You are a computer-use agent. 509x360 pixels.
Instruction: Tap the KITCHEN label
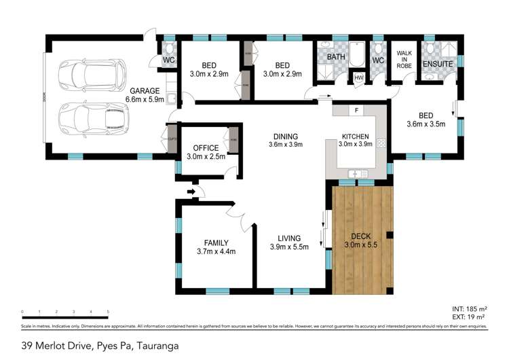(x=356, y=136)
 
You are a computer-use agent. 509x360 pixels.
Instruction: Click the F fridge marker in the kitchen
(x=355, y=110)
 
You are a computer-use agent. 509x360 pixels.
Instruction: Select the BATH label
(x=336, y=58)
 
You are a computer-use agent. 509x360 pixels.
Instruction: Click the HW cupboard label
(x=358, y=77)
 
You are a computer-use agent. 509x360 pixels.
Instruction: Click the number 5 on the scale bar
(x=108, y=312)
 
